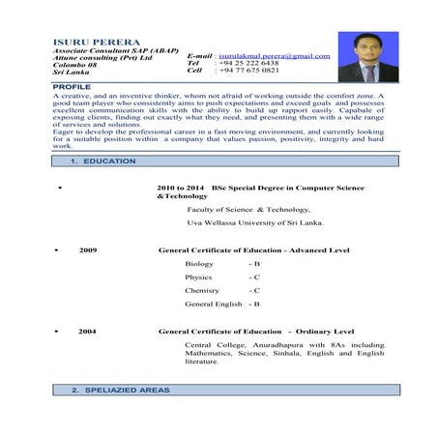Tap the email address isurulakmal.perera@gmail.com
pos(275,56)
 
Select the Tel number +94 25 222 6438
pos(249,63)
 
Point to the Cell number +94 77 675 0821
pos(249,71)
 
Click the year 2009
pos(88,250)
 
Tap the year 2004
pos(88,331)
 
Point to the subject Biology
pos(199,263)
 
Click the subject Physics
pos(198,277)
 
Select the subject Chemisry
pos(202,290)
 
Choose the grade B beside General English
pos(255,304)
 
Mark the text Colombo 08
pos(76,64)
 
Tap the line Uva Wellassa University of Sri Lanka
pos(255,222)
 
